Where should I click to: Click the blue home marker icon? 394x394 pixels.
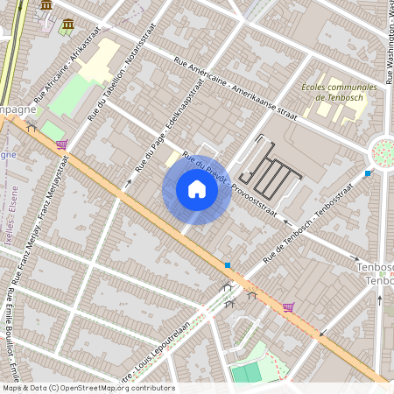[197, 189]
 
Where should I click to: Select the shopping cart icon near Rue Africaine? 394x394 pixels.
[60, 144]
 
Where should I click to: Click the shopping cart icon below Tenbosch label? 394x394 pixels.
[288, 306]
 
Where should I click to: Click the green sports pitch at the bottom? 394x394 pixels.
[246, 372]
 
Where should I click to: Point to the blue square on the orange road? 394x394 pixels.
[228, 264]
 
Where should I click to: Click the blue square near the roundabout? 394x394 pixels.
[367, 173]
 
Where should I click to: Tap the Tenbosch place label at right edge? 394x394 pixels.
[377, 273]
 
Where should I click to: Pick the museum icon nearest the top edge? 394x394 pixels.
[46, 5]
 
